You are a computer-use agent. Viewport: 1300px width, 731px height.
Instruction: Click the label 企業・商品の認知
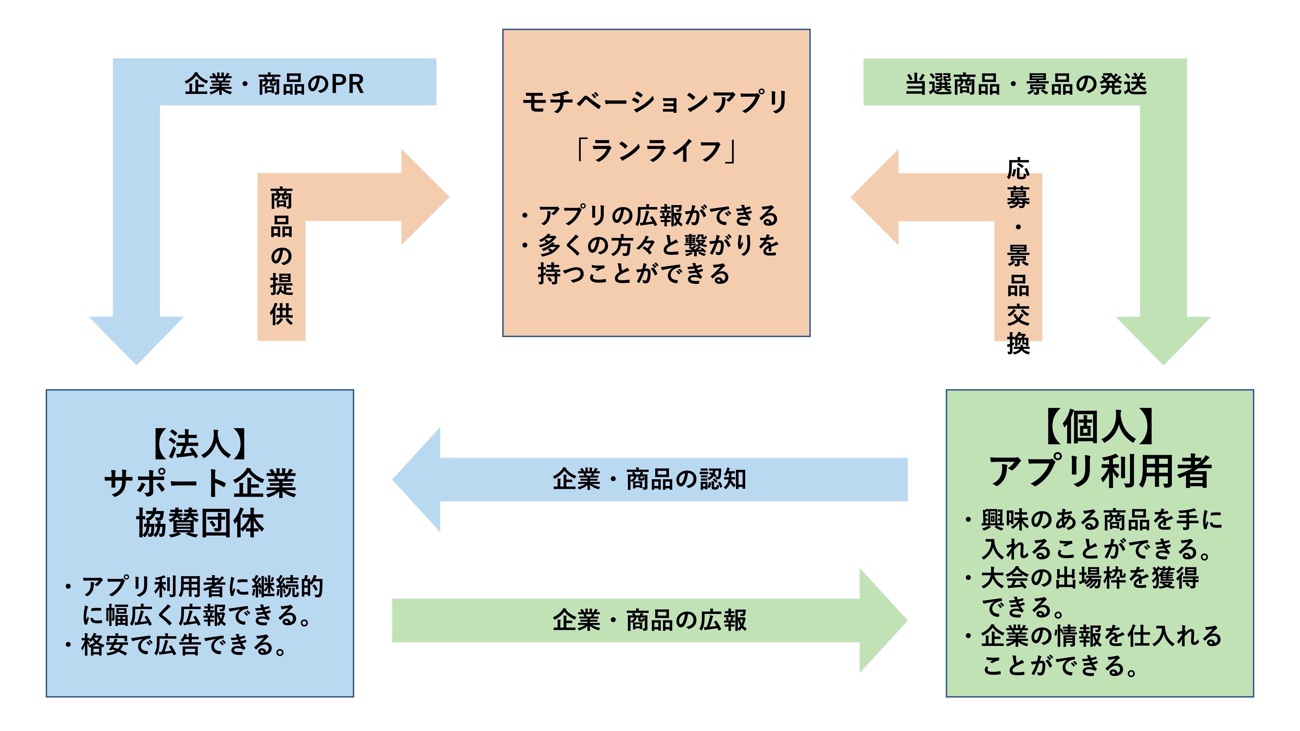[650, 479]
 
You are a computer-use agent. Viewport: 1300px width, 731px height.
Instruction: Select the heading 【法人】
[200, 444]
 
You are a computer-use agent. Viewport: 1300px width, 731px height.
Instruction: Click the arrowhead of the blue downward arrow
[136, 338]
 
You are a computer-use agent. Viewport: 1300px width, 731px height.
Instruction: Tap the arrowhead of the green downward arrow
[1163, 338]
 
